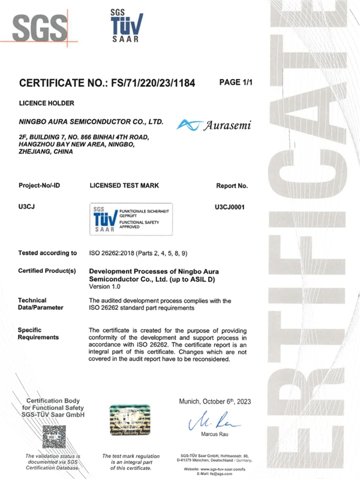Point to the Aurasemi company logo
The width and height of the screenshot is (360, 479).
[213, 125]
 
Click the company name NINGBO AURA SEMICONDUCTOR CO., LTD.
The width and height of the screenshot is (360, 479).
[92, 122]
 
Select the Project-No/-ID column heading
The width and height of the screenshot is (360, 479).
[43, 186]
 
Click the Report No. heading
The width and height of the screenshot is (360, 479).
[232, 186]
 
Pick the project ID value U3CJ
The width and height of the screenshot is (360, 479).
[27, 206]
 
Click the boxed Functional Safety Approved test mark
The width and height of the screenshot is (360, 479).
[131, 219]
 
